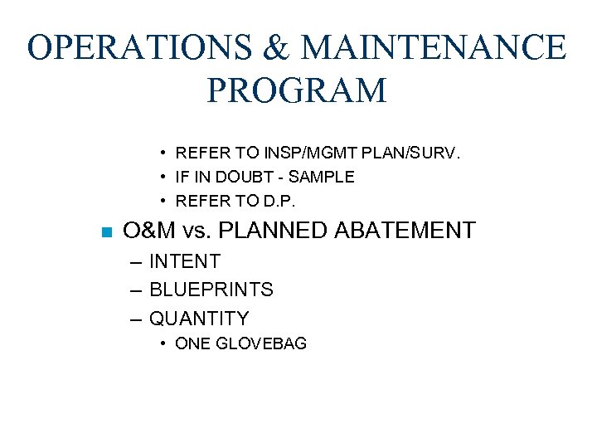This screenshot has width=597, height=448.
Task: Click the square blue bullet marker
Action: (x=104, y=231)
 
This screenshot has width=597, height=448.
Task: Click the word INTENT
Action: (x=184, y=261)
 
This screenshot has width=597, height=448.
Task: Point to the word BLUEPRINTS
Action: (x=211, y=290)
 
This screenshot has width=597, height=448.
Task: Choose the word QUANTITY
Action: (x=198, y=319)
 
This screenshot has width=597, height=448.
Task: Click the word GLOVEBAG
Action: (x=261, y=343)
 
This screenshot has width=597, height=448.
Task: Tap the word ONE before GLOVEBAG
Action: (x=193, y=343)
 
